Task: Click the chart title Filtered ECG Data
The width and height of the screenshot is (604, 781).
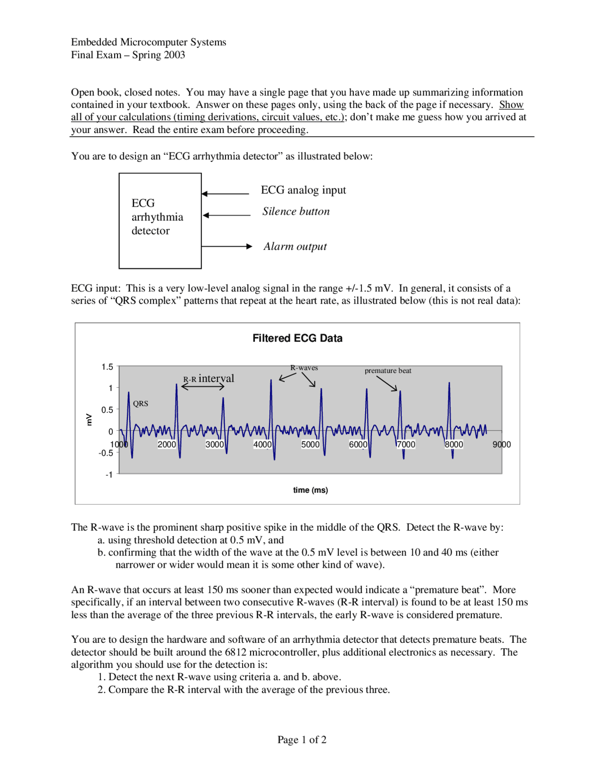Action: pos(297,338)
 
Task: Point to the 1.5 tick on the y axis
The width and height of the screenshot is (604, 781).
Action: pos(107,367)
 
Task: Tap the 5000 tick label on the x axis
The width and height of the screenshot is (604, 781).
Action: pos(310,444)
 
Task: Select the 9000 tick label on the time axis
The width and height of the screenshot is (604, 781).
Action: pos(501,444)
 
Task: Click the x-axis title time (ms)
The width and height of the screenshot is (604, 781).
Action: pos(310,490)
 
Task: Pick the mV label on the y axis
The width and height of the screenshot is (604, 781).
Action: pos(89,419)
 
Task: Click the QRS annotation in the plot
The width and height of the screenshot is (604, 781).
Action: pos(141,404)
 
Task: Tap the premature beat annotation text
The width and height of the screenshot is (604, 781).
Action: pos(388,371)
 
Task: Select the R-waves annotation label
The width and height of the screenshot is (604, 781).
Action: pos(304,368)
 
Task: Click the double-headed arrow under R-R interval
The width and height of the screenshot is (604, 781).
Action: pos(203,387)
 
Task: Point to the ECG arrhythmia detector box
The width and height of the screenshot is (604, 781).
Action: pos(160,221)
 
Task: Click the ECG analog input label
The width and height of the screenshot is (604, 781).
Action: pos(303,190)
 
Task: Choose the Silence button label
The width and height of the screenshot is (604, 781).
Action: pos(296,211)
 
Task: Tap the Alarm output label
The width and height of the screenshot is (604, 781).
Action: pos(295,246)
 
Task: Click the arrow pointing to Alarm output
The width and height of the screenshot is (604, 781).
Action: pos(227,246)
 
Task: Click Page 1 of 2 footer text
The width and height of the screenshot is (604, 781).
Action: pos(302,739)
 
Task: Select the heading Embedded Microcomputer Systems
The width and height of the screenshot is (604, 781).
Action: pos(149,42)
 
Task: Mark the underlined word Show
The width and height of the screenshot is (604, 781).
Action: pos(511,105)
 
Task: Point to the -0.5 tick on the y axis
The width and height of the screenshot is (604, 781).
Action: pos(106,453)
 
